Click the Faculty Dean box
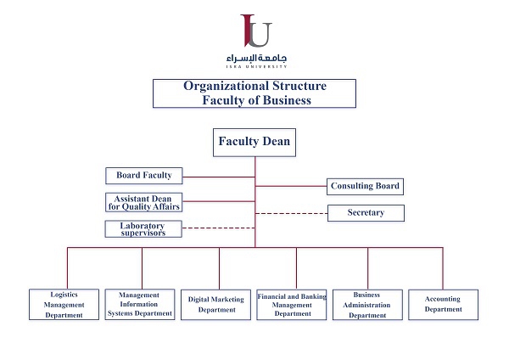tap(255, 142)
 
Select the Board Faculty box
tap(144, 176)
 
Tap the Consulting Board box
tap(365, 186)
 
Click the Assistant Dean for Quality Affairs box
tap(144, 202)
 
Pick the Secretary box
tap(366, 212)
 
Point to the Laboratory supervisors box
tap(144, 228)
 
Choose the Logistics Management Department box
tap(66, 304)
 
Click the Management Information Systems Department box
tap(141, 304)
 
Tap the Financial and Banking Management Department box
tap(292, 304)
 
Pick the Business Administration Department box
tap(366, 304)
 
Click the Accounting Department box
tap(443, 304)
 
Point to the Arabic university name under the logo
tap(256, 57)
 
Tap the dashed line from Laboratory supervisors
tap(219, 228)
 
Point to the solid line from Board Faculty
tap(219, 177)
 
